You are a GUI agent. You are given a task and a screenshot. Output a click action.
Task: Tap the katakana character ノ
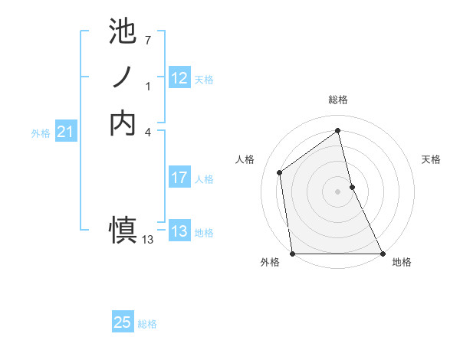pyautogui.click(x=123, y=77)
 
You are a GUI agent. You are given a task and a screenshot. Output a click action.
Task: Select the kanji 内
pyautogui.click(x=123, y=123)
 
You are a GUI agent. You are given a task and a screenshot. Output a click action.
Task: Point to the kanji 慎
pyautogui.click(x=123, y=228)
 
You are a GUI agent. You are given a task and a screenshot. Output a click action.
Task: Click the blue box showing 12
pyautogui.click(x=179, y=78)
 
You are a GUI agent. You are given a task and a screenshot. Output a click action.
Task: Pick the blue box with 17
pyautogui.click(x=179, y=178)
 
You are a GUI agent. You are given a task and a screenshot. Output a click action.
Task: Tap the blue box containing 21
pyautogui.click(x=66, y=133)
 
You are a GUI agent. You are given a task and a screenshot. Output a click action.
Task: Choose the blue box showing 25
pyautogui.click(x=123, y=322)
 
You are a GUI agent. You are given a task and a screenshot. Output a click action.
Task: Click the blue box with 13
pyautogui.click(x=179, y=232)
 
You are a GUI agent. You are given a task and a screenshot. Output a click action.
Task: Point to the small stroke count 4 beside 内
pyautogui.click(x=147, y=132)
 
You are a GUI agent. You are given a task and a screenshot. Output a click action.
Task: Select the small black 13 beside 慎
pyautogui.click(x=148, y=240)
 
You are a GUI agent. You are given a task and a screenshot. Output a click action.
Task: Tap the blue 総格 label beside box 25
pyautogui.click(x=147, y=324)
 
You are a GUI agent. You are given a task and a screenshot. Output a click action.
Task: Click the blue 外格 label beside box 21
pyautogui.click(x=41, y=133)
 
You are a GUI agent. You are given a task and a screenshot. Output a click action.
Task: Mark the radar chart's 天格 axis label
pyautogui.click(x=432, y=159)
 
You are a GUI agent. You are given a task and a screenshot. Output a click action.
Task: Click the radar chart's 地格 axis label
pyautogui.click(x=402, y=262)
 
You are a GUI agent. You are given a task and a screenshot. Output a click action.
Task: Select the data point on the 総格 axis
pyautogui.click(x=337, y=130)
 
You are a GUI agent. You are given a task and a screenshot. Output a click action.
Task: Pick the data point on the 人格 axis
pyautogui.click(x=280, y=172)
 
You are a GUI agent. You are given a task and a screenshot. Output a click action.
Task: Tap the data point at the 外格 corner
pyautogui.click(x=292, y=253)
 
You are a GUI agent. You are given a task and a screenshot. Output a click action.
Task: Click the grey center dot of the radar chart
pyautogui.click(x=337, y=191)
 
